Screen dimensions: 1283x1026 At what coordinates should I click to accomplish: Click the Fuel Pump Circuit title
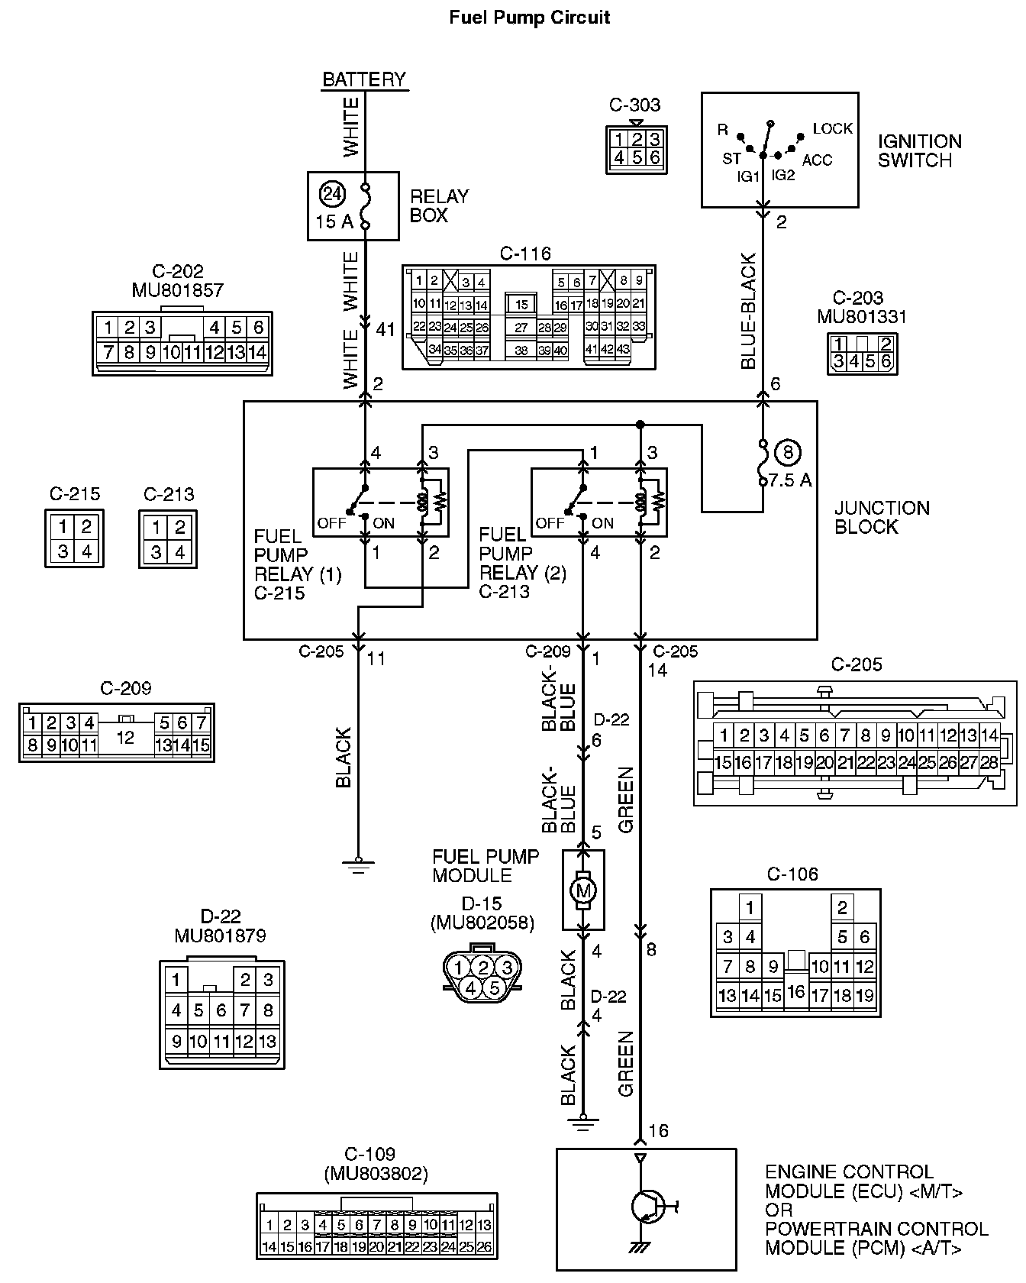(x=529, y=17)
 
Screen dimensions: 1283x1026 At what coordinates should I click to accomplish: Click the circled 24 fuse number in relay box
(x=332, y=194)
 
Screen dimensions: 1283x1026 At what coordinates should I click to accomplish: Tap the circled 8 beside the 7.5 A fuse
(x=788, y=453)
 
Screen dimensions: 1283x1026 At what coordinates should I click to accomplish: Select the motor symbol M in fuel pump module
(x=583, y=890)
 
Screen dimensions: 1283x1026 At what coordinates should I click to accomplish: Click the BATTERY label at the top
(x=364, y=79)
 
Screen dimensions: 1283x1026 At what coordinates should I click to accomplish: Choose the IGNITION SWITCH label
(x=919, y=150)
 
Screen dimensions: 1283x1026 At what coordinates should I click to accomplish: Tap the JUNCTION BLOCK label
(x=882, y=517)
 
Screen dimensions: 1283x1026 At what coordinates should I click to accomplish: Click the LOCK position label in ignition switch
(x=832, y=128)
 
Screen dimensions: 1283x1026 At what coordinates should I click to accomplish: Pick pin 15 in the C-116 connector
(x=521, y=304)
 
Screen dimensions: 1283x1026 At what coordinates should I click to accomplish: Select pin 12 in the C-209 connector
(x=125, y=737)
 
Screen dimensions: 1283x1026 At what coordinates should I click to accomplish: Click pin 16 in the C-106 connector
(x=796, y=992)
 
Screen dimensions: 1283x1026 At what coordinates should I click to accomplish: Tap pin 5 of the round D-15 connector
(x=494, y=988)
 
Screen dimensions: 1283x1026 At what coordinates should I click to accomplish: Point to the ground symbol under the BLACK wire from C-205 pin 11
(x=357, y=864)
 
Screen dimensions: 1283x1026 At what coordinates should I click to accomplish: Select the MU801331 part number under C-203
(x=862, y=316)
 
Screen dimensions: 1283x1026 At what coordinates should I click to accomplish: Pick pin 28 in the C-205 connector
(x=989, y=762)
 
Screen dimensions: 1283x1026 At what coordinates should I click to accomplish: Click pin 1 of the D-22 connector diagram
(x=176, y=980)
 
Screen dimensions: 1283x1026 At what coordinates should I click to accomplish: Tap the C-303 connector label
(x=635, y=105)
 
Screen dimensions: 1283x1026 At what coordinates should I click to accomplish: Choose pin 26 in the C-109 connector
(x=484, y=1246)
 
